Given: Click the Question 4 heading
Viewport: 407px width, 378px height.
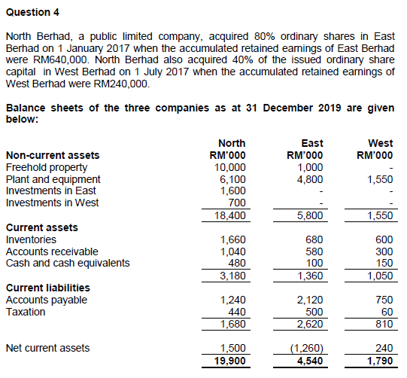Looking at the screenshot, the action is coord(32,13).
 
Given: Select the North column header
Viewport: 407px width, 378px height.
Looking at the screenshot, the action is coord(231,143).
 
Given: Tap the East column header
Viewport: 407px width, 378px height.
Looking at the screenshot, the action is coord(311,143).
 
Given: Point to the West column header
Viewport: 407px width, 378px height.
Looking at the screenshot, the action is coord(380,143).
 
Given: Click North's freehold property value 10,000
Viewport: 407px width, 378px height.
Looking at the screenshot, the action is coord(230,167).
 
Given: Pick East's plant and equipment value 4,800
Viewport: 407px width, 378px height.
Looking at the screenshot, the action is coord(311,178).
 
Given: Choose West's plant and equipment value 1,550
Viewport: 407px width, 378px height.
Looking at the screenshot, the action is coord(379,178).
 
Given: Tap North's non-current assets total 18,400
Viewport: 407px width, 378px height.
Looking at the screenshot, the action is coord(230,215).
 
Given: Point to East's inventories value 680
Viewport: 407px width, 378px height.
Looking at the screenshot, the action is coord(314,239).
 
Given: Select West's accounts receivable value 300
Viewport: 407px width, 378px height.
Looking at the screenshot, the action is coord(384,251).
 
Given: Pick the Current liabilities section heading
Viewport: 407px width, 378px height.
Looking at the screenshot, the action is coord(47,288).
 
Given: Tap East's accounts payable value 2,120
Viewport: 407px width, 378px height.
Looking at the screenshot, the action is coord(311,300).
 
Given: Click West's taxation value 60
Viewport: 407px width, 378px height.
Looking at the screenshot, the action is coord(387,311).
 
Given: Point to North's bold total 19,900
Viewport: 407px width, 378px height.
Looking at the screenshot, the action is coord(230,360).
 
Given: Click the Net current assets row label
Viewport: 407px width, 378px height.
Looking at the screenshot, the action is coord(47,348).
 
